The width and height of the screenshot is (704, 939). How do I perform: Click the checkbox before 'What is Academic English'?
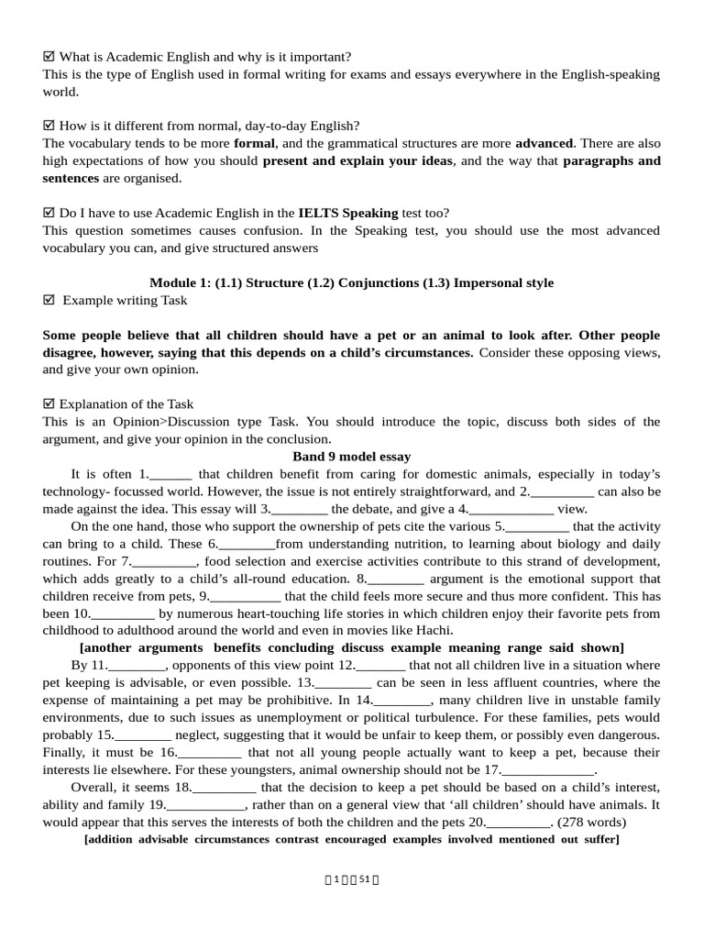tap(49, 57)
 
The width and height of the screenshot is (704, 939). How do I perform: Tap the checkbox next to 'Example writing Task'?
tap(49, 301)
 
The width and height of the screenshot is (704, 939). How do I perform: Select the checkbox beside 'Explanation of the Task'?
tap(49, 404)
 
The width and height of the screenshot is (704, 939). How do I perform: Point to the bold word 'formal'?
tap(254, 144)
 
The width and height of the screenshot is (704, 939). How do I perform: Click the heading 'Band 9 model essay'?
tap(351, 457)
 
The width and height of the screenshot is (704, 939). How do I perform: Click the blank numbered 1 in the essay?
tap(170, 475)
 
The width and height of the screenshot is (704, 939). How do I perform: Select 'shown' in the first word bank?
tap(601, 647)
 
